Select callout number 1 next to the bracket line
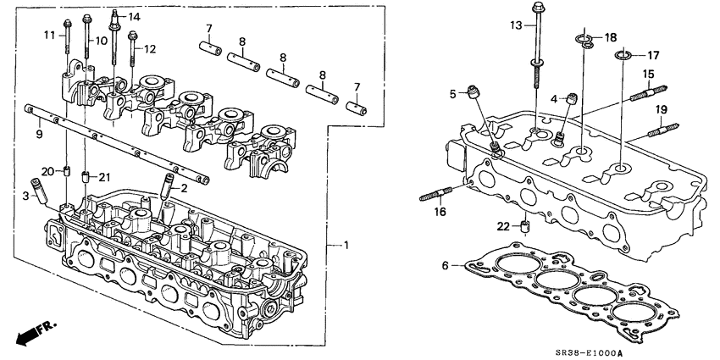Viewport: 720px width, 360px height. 344,246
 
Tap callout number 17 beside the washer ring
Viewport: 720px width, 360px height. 653,55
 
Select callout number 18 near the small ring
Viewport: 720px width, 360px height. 611,38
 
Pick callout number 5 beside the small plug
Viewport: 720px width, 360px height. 453,92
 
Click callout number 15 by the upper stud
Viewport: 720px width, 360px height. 648,75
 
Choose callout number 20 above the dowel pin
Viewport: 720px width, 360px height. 48,171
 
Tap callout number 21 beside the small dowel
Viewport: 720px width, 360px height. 103,176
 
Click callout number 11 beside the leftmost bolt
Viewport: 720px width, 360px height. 48,34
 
